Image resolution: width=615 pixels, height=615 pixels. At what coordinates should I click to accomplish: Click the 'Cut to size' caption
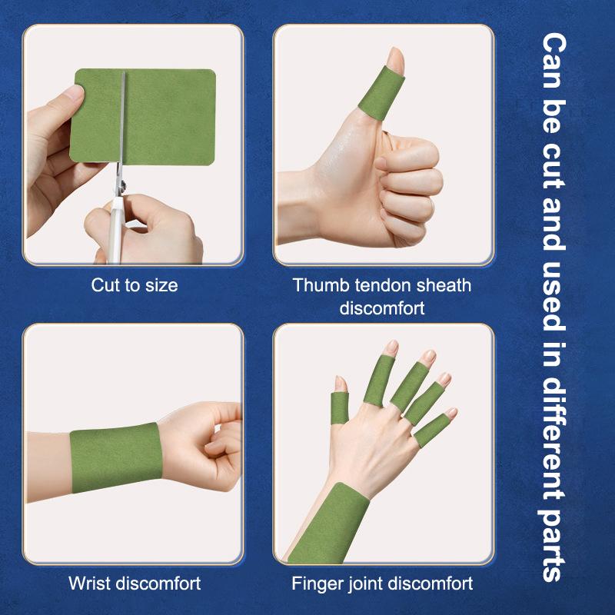[134, 285]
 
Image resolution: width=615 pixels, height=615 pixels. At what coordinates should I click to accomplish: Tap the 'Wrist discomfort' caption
[135, 583]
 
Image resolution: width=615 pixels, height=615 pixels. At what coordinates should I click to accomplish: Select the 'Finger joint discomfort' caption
[382, 583]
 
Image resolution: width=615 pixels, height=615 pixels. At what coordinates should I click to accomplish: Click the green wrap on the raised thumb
[381, 93]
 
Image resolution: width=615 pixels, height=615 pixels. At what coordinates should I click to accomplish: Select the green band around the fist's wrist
[116, 457]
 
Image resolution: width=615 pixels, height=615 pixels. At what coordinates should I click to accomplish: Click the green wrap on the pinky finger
[432, 430]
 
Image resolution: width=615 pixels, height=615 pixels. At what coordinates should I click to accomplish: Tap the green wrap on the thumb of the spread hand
[340, 408]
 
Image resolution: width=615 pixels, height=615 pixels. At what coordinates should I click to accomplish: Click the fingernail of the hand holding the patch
[74, 92]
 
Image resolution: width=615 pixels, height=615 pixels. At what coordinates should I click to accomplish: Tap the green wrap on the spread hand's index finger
[379, 381]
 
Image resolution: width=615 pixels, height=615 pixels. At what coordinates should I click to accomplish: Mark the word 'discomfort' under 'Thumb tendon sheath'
[382, 308]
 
